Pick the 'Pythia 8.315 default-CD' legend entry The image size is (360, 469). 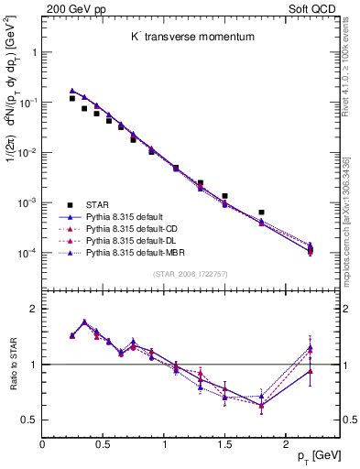point(134,228)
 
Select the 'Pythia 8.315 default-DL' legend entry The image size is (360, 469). point(134,239)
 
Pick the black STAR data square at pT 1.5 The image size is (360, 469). point(224,196)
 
